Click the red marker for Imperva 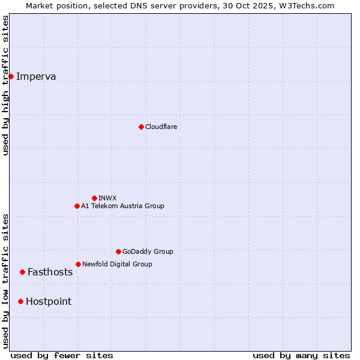pyautogui.click(x=11, y=76)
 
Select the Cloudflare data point pyautogui.click(x=141, y=127)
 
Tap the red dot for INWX pyautogui.click(x=94, y=198)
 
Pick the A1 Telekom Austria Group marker pyautogui.click(x=77, y=206)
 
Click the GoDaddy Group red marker pyautogui.click(x=118, y=251)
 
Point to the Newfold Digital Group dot pyautogui.click(x=78, y=264)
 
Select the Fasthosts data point pyautogui.click(x=22, y=272)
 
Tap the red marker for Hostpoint pyautogui.click(x=20, y=301)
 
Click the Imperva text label pyautogui.click(x=36, y=76)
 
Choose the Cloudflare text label pyautogui.click(x=161, y=127)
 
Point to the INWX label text pyautogui.click(x=107, y=198)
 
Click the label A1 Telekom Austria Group pyautogui.click(x=122, y=206)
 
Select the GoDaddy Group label pyautogui.click(x=148, y=251)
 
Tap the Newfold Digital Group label pyautogui.click(x=117, y=264)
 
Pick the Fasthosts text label pyautogui.click(x=50, y=272)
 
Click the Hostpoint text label pyautogui.click(x=48, y=301)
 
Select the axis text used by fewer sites pyautogui.click(x=62, y=355)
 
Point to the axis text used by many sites pyautogui.click(x=301, y=355)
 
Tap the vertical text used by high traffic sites pyautogui.click(x=5, y=85)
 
